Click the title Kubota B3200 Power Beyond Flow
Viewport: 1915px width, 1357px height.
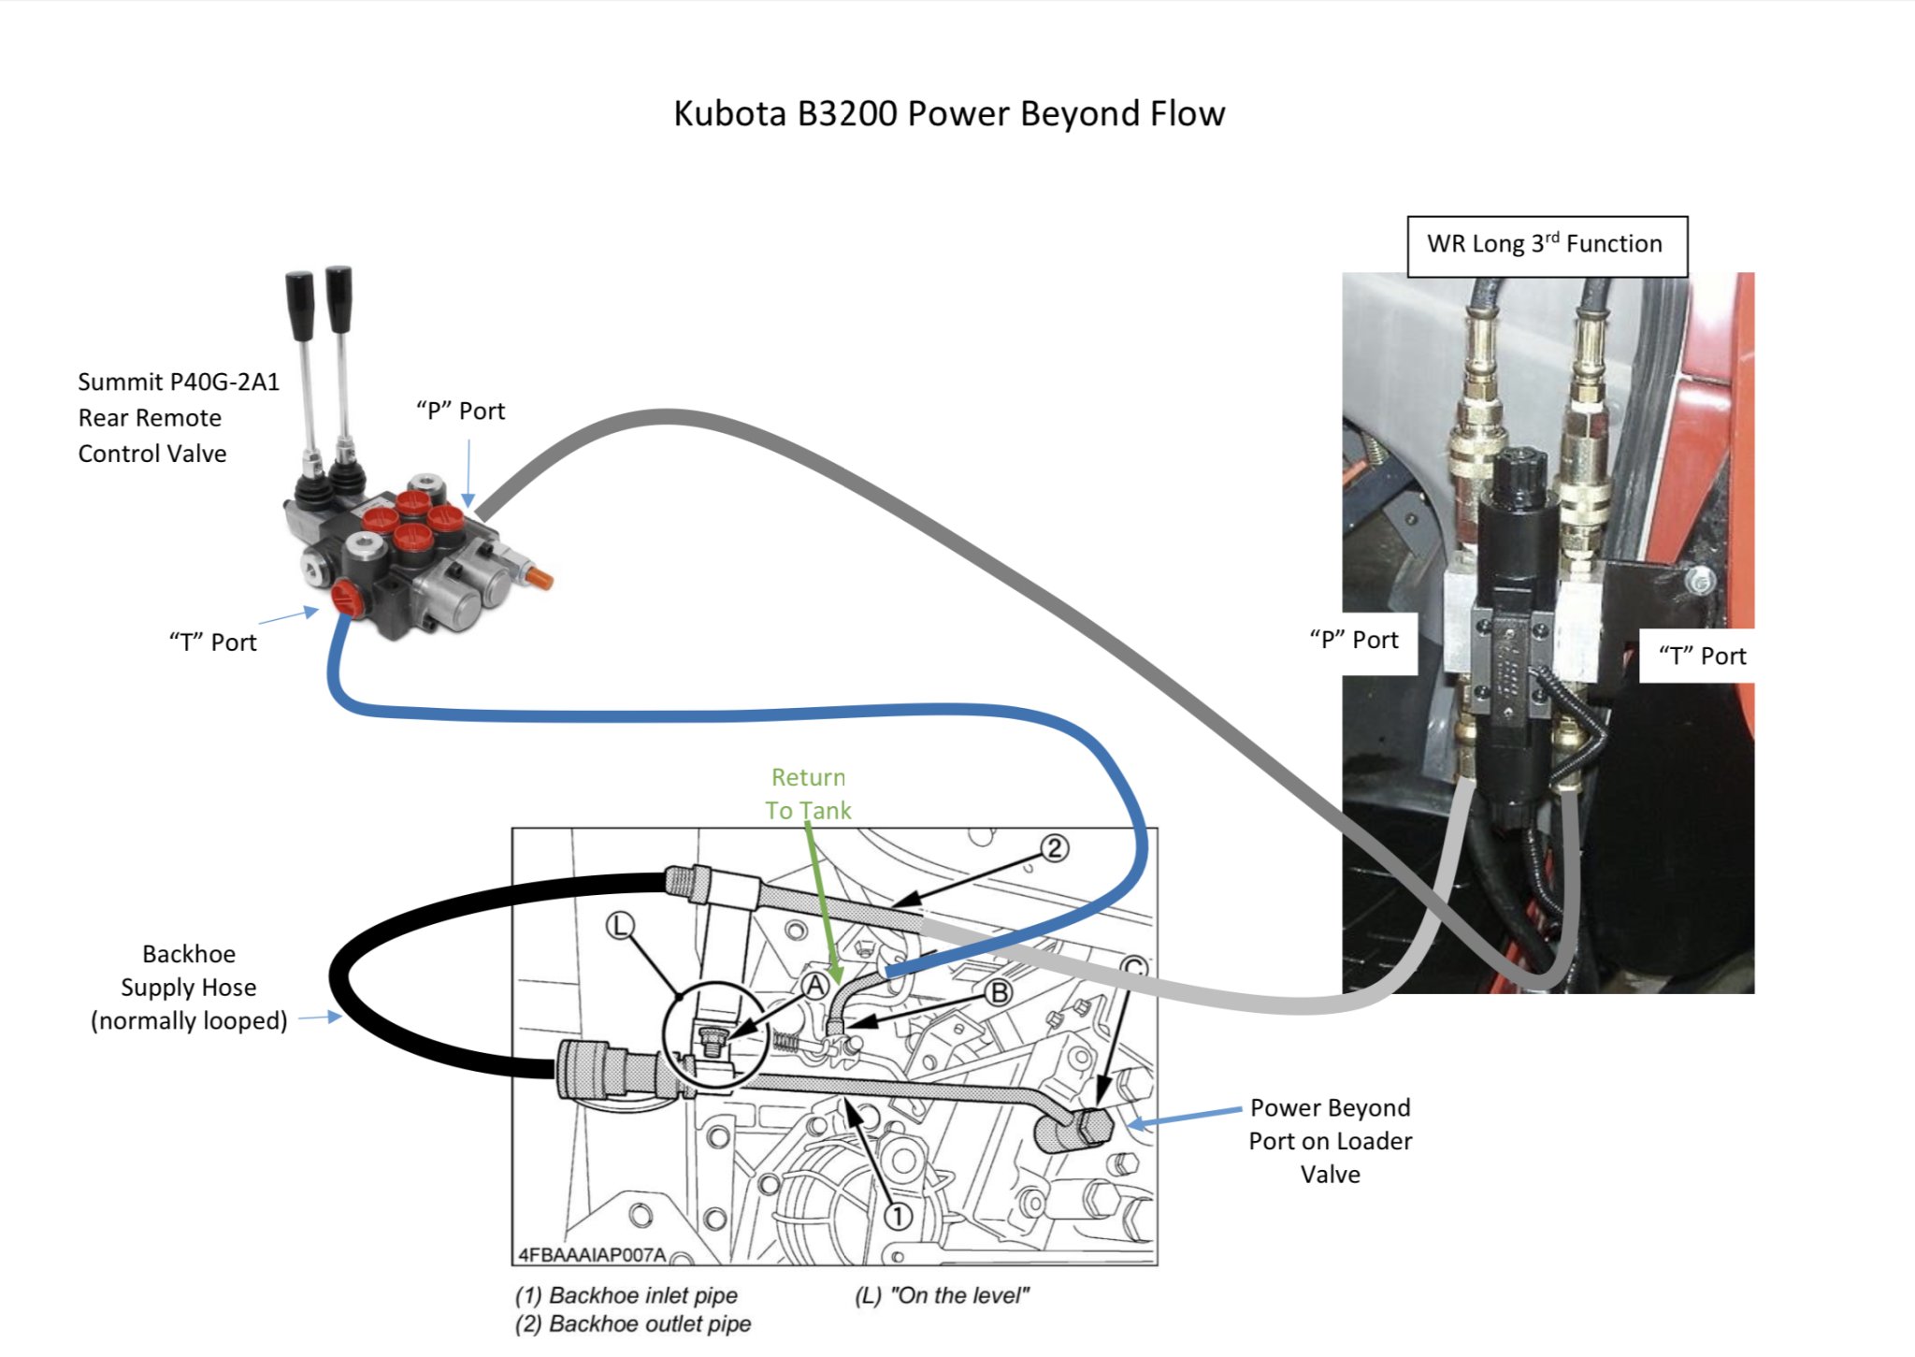[x=948, y=114]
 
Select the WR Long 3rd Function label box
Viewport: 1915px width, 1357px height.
[x=1547, y=246]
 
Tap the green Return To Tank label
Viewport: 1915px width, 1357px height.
[x=808, y=794]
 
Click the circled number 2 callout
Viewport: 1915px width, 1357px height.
[x=1054, y=848]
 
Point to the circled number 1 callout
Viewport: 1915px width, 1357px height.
[x=898, y=1216]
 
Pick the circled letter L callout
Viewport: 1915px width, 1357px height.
[x=620, y=926]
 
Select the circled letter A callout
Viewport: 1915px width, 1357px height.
[x=816, y=985]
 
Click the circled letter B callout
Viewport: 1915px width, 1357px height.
[x=999, y=992]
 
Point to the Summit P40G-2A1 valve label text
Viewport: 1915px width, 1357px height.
[x=178, y=417]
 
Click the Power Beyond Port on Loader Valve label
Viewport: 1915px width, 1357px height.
[x=1330, y=1141]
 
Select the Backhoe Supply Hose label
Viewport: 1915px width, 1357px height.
[x=188, y=988]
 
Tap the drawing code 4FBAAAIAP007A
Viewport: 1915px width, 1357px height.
[x=592, y=1254]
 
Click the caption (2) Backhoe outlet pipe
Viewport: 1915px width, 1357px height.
[x=633, y=1324]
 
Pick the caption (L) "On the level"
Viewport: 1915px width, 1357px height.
[x=942, y=1295]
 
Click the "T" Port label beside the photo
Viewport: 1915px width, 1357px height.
[x=1701, y=656]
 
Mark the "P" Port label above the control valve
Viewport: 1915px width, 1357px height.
[x=460, y=411]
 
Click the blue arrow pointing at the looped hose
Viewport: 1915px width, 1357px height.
[x=320, y=1017]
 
